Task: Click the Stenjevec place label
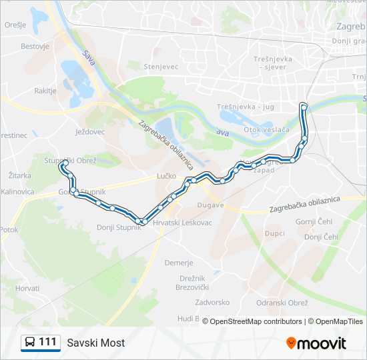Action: [162, 66]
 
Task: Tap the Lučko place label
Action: [166, 176]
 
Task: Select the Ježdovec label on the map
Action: [90, 132]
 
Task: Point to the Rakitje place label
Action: [46, 90]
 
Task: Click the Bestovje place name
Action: [35, 47]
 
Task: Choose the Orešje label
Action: [15, 24]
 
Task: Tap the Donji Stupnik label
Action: [119, 227]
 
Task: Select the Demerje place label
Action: [179, 263]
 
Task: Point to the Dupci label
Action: [274, 234]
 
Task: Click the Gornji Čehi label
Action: [314, 221]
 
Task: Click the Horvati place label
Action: [27, 288]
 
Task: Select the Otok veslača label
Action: [266, 129]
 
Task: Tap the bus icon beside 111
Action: [29, 343]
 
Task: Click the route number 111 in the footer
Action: [48, 342]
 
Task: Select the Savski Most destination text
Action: [95, 343]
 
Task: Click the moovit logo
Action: [316, 343]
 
